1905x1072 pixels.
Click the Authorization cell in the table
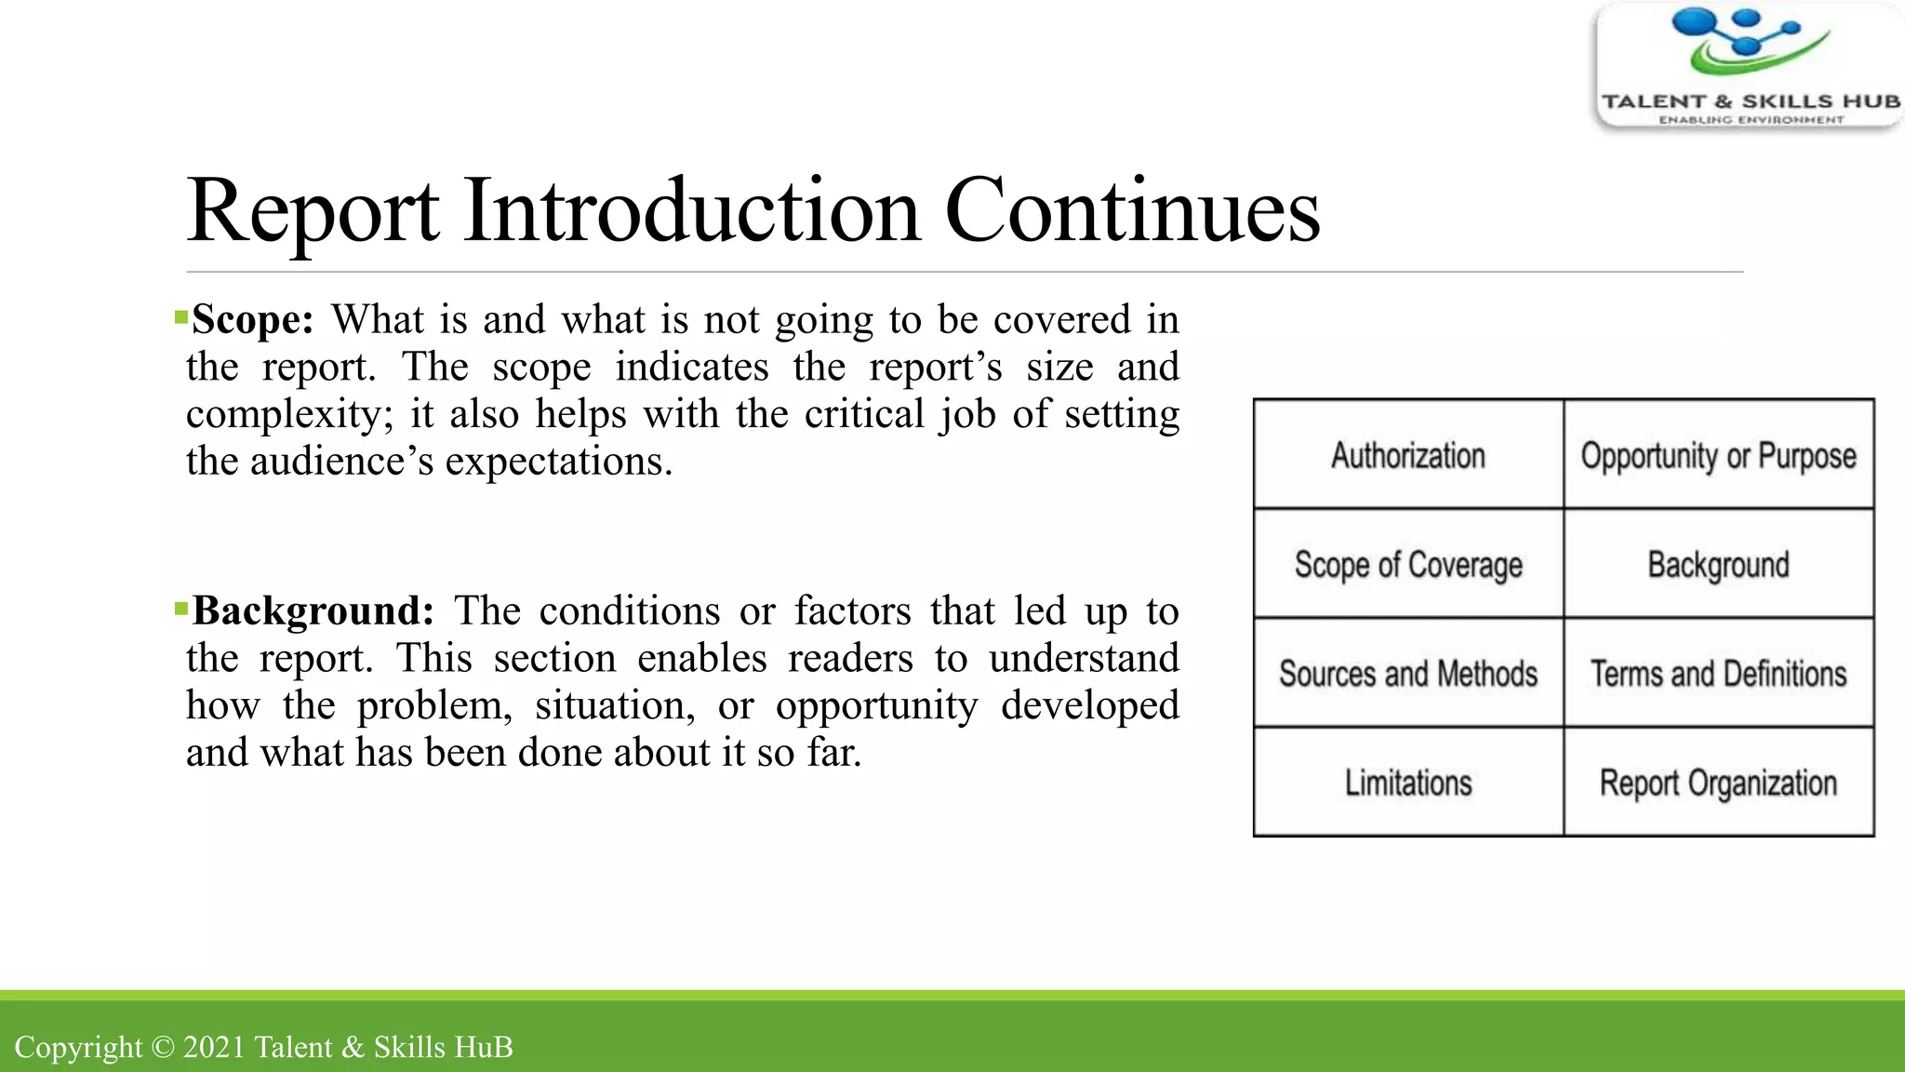click(1407, 455)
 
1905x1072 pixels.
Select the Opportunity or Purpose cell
click(1718, 455)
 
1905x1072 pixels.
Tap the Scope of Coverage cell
click(1407, 564)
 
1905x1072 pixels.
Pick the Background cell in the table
click(1718, 564)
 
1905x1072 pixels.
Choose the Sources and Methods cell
click(1407, 673)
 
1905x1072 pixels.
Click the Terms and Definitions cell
click(1718, 673)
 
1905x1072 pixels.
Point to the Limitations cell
click(1407, 783)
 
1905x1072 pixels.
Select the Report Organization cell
click(1718, 783)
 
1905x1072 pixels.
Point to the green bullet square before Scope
click(180, 318)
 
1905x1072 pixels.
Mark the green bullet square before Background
click(180, 610)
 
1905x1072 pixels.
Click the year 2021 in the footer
click(213, 1047)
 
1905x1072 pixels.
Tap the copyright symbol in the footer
click(163, 1047)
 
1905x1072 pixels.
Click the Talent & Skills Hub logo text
click(1750, 101)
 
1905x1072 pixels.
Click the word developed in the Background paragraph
click(1089, 705)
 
